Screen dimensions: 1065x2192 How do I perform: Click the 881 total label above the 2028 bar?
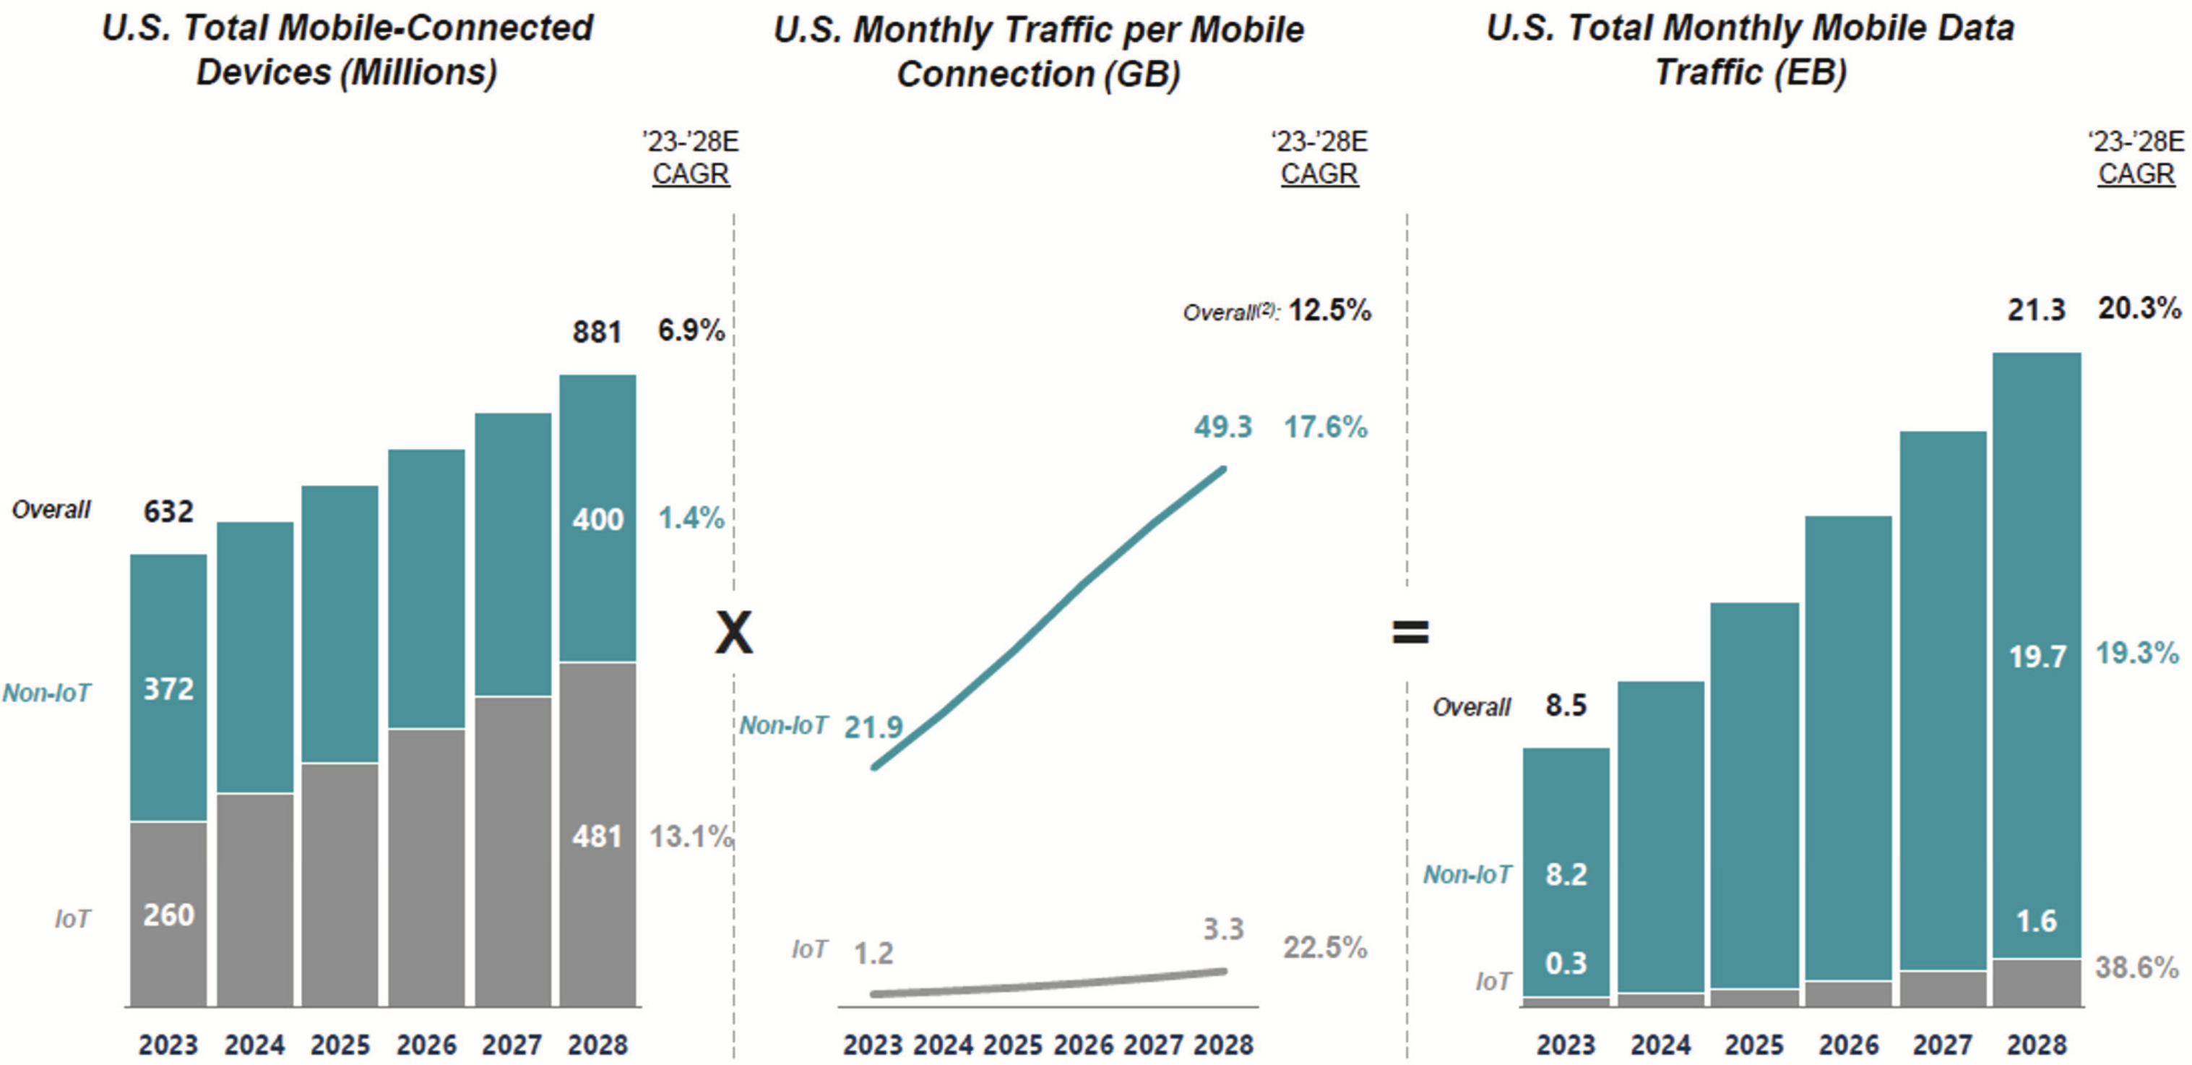(x=597, y=332)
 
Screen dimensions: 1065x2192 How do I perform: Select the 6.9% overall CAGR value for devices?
(x=690, y=330)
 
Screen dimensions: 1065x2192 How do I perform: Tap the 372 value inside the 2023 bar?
(x=168, y=689)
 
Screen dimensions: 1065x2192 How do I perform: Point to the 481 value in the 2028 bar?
(x=597, y=837)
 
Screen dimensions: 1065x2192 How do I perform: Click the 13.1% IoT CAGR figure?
(x=690, y=837)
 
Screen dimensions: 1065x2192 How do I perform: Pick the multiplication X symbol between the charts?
(x=733, y=633)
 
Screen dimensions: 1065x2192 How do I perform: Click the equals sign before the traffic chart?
(x=1410, y=632)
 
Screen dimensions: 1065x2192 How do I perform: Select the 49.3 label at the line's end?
(x=1222, y=427)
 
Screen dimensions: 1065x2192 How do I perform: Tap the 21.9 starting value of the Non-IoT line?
(x=873, y=727)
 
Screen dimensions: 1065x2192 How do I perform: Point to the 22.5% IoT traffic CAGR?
(x=1325, y=946)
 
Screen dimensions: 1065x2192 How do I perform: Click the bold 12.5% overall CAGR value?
(x=1329, y=311)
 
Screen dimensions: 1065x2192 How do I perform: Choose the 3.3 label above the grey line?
(x=1222, y=929)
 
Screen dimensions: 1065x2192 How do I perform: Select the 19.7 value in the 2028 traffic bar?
(x=2036, y=656)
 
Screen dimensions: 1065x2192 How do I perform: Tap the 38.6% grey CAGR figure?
(x=2136, y=967)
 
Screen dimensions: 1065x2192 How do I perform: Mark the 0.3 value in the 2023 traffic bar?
(x=1566, y=963)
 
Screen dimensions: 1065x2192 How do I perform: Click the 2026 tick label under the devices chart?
(x=426, y=1045)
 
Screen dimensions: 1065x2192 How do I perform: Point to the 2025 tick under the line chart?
(x=1013, y=1045)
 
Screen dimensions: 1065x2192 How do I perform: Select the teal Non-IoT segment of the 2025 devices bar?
(x=340, y=623)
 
